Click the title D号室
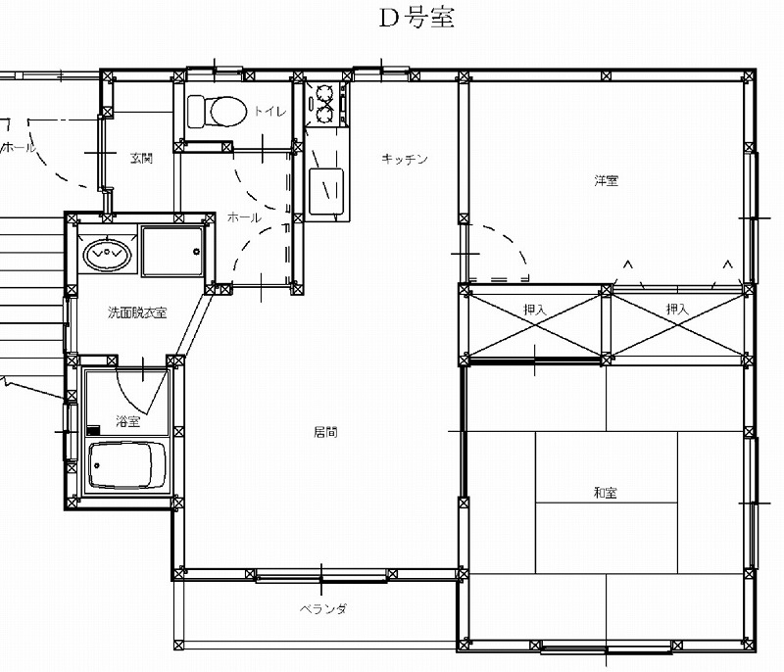pos(416,19)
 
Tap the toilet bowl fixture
pos(217,112)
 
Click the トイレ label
pos(270,111)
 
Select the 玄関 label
pos(141,159)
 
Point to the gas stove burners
pos(324,104)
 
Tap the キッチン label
pos(405,159)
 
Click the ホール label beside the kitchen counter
pos(244,217)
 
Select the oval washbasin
pos(107,255)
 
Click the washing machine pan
pos(172,252)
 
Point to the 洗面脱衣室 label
pos(137,312)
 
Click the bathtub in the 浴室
pos(127,464)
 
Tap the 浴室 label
pos(128,421)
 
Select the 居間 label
pos(325,432)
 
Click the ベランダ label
pos(323,609)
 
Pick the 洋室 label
pos(606,180)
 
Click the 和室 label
pos(605,493)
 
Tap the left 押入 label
pos(534,310)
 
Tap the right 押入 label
pos(677,309)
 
